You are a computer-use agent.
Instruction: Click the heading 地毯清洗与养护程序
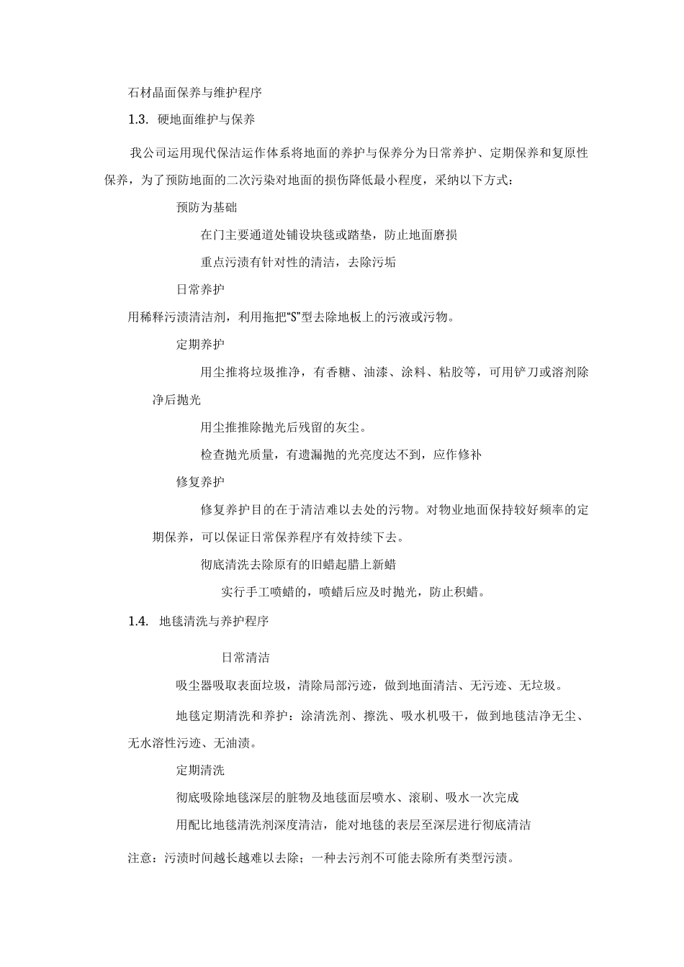pos(214,621)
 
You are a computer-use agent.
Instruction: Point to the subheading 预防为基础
pos(207,207)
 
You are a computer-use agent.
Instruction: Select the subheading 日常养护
pos(200,289)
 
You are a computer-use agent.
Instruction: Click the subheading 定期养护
pos(200,345)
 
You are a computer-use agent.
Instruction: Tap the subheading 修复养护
pos(200,481)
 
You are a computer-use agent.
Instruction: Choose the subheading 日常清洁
pos(246,658)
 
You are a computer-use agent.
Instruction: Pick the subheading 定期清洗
pos(200,770)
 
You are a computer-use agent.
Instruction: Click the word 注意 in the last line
pos(140,859)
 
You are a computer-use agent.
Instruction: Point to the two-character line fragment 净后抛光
pos(176,400)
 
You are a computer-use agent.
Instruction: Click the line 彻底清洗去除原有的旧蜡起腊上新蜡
pos(298,564)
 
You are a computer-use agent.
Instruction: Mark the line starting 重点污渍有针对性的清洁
pos(298,262)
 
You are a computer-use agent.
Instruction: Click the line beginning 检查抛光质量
pos(341,455)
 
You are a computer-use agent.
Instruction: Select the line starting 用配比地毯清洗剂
pos(353,825)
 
